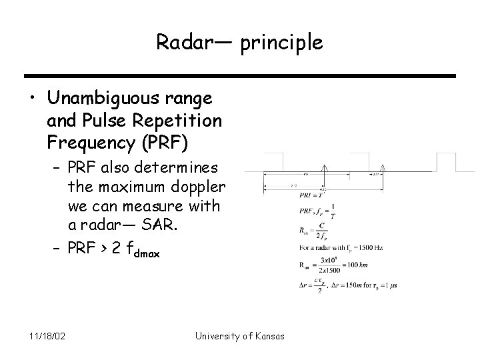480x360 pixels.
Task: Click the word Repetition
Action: point(188,120)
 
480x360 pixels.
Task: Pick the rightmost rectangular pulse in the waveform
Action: point(446,162)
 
